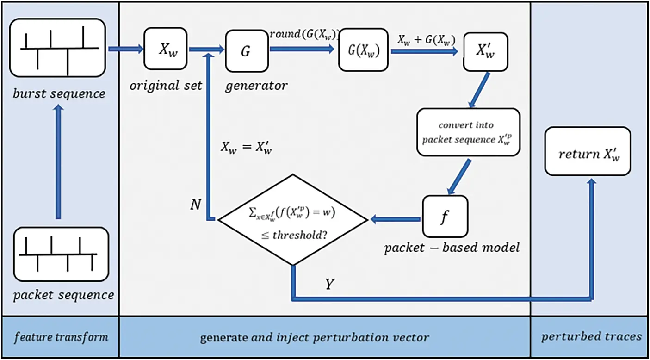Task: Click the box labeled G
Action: click(247, 50)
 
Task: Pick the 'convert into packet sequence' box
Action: click(468, 132)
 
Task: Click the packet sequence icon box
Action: click(61, 255)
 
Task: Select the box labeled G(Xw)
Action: click(363, 50)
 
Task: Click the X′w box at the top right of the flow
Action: click(485, 51)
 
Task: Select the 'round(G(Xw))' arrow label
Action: click(305, 34)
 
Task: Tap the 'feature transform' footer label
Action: click(61, 336)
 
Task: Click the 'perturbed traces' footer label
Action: click(591, 336)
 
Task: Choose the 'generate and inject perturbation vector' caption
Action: click(314, 337)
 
